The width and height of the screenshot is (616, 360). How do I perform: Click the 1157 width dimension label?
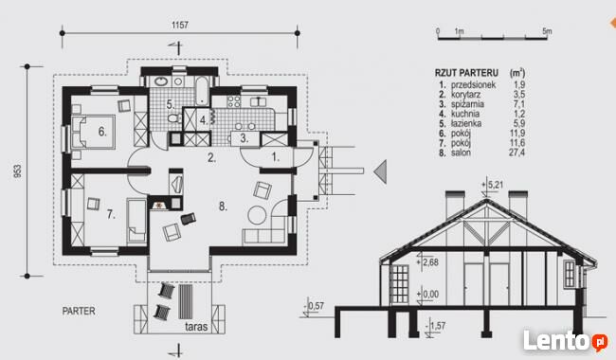[180, 26]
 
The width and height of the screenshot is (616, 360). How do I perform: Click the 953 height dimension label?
[18, 171]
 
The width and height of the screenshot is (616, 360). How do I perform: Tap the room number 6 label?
[102, 132]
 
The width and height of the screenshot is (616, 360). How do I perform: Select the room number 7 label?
[111, 214]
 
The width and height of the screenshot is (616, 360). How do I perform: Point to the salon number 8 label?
[223, 207]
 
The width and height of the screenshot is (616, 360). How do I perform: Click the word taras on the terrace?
[196, 327]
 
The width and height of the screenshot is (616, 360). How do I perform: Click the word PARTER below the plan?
[79, 311]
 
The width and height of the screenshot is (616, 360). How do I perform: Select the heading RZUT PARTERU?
[466, 73]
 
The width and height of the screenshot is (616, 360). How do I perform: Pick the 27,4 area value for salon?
[517, 153]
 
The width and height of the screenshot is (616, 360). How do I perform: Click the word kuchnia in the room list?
[465, 114]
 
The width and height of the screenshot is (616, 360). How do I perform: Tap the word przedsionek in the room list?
[474, 85]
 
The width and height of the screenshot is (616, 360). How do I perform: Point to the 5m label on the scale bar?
[547, 31]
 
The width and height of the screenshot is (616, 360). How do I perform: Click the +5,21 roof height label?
[492, 184]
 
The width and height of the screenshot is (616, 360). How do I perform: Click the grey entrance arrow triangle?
[381, 171]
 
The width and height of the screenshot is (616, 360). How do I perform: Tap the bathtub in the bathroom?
[202, 91]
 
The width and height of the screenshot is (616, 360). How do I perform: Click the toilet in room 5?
[174, 118]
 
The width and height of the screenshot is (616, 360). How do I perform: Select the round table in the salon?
[258, 215]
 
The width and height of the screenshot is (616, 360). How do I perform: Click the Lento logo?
[565, 341]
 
